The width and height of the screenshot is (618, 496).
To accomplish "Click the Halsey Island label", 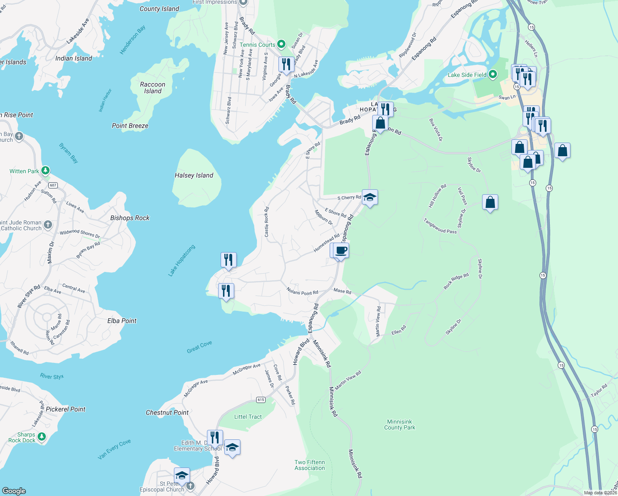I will (194, 175).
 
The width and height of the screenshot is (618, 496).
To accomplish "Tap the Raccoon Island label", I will (152, 88).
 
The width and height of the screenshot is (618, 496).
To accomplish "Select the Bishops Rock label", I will (130, 218).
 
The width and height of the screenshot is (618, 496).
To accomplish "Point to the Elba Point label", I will (122, 321).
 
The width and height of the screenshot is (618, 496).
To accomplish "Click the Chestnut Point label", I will (167, 413).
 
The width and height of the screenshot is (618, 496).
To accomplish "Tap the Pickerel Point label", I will (66, 409).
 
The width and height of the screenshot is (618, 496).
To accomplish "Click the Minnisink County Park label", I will (399, 424).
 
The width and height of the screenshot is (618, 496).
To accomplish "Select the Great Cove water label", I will (199, 347).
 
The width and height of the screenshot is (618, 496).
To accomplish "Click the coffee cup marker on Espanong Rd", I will (341, 250).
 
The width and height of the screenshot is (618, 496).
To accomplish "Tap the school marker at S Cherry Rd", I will (370, 197).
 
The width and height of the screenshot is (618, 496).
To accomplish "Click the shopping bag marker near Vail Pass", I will (490, 203).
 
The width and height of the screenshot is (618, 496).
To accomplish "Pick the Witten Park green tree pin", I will (45, 170).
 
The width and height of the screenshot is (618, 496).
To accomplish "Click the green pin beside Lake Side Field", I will (492, 74).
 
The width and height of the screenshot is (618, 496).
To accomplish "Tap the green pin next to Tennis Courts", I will (281, 44).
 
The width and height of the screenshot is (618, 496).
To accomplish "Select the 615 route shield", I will (261, 400).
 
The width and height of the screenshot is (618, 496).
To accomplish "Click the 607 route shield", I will (53, 185).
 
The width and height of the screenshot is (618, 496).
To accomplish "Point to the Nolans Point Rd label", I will (302, 292).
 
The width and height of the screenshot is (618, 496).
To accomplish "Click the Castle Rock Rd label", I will (267, 222).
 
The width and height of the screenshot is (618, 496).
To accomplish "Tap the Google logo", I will (14, 491).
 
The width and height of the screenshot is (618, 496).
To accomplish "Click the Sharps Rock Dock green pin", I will (41, 436).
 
